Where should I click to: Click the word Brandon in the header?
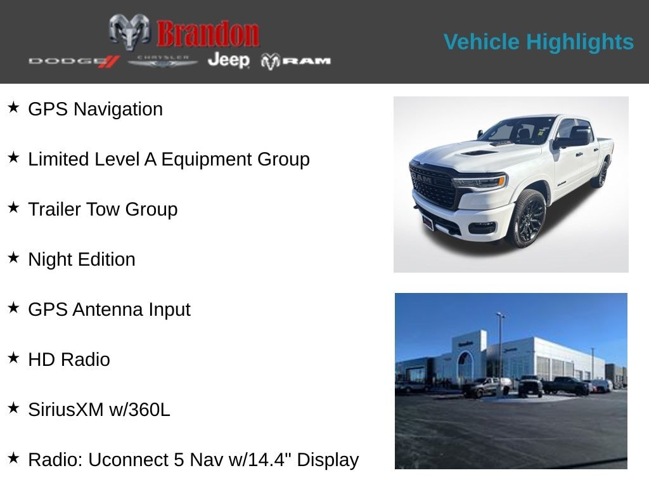pyautogui.click(x=208, y=34)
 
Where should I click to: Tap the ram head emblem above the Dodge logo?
pyautogui.click(x=129, y=31)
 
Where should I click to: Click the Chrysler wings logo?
pyautogui.click(x=163, y=61)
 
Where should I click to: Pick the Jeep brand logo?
pyautogui.click(x=228, y=60)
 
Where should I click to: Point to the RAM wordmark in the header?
pyautogui.click(x=296, y=61)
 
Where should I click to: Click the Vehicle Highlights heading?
pyautogui.click(x=538, y=42)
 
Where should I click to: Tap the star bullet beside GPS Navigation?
pyautogui.click(x=13, y=108)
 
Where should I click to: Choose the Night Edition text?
pyautogui.click(x=82, y=259)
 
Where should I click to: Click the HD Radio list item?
pyautogui.click(x=69, y=360)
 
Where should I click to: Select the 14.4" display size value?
pyautogui.click(x=269, y=460)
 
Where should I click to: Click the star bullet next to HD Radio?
pyautogui.click(x=13, y=358)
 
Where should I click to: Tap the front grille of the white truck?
pyautogui.click(x=433, y=185)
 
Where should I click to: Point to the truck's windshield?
pyautogui.click(x=517, y=131)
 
